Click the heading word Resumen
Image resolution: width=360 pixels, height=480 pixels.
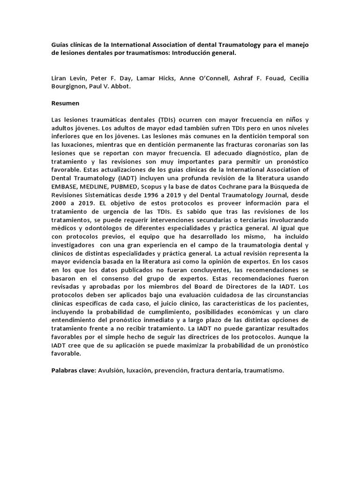tap(65, 103)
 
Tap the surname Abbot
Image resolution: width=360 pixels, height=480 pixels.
tap(121, 87)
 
